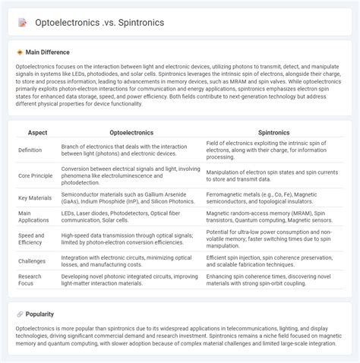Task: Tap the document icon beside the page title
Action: [x=23, y=23]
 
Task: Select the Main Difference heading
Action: [x=47, y=52]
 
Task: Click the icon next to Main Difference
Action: [x=20, y=52]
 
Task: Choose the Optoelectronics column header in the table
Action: [x=131, y=132]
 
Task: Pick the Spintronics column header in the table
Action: [x=274, y=132]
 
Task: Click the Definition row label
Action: [x=31, y=150]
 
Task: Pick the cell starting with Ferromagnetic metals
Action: [x=274, y=198]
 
